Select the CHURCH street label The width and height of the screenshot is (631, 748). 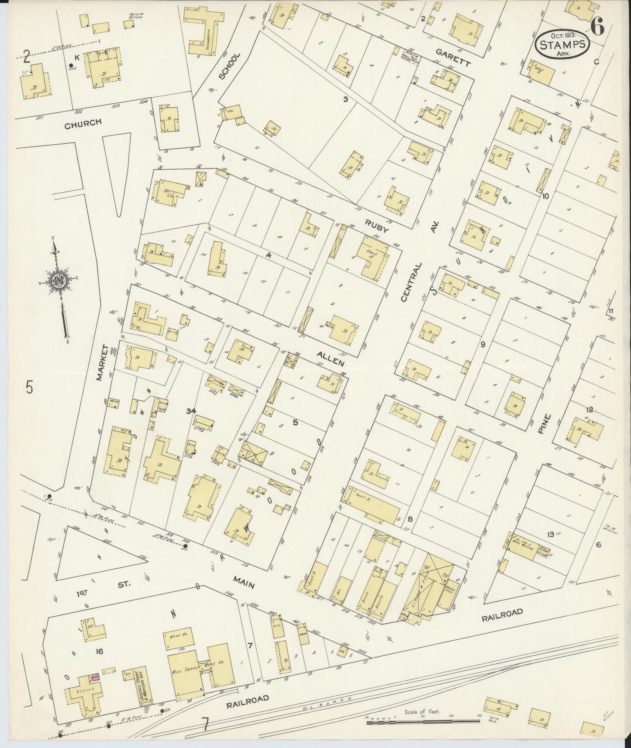coord(83,123)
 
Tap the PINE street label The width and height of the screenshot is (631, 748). coord(545,423)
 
